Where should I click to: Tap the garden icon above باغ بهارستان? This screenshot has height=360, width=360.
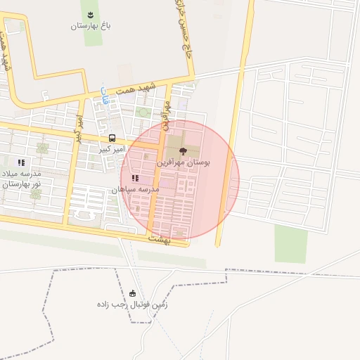pyautogui.click(x=90, y=14)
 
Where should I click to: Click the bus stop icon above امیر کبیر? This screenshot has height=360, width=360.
pyautogui.click(x=112, y=138)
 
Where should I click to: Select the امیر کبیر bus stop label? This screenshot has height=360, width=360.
pyautogui.click(x=111, y=150)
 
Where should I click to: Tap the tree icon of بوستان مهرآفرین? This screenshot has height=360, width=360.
pyautogui.click(x=184, y=150)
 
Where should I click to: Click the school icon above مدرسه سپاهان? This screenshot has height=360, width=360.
pyautogui.click(x=135, y=179)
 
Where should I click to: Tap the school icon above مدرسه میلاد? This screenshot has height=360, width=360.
pyautogui.click(x=21, y=162)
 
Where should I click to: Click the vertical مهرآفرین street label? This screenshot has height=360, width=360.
pyautogui.click(x=168, y=112)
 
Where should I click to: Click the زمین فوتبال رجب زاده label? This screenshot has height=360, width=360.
pyautogui.click(x=133, y=305)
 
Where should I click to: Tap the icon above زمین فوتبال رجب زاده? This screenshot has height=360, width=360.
pyautogui.click(x=133, y=293)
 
